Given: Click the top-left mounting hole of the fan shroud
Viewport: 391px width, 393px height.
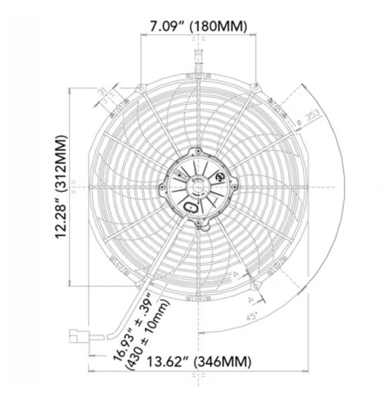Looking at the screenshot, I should pyautogui.click(x=139, y=87).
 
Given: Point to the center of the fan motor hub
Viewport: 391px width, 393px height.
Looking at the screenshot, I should pyautogui.click(x=197, y=184).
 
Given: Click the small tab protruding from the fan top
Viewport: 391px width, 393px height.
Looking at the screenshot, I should pyautogui.click(x=197, y=54).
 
